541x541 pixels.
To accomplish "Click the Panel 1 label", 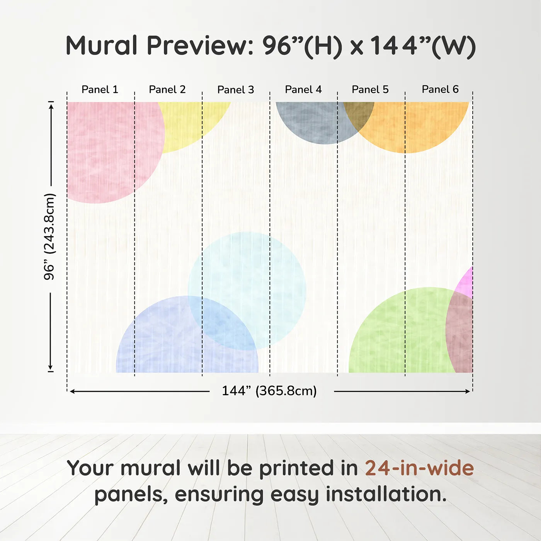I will coord(100,90).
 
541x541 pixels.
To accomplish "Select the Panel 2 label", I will coord(167,90).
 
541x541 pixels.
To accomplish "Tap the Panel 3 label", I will coord(236,90).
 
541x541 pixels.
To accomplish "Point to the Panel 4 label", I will coord(303,90).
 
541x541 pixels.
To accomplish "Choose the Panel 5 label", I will coord(370,90).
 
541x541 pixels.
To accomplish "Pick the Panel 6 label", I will coord(440,90).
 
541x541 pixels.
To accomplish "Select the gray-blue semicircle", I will coord(309,122).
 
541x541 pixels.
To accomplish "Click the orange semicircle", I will coord(417,124).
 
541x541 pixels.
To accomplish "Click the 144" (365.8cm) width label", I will coord(269,391).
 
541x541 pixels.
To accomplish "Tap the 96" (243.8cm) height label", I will coord(49,236).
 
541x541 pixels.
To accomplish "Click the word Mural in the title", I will coord(102,46).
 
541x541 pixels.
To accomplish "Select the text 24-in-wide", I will coord(419,468).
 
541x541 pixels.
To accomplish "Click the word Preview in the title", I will coord(200,46).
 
